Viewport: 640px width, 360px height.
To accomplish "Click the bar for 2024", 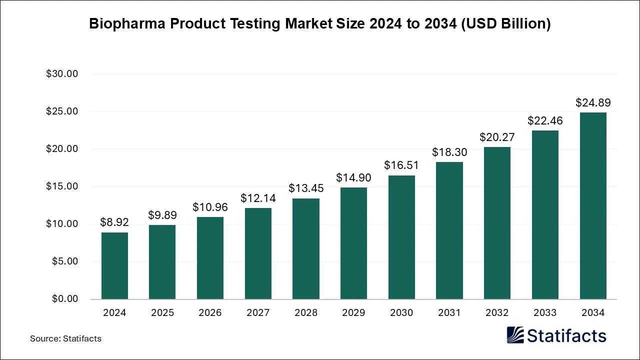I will [114, 265].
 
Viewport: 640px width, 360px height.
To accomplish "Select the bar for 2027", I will [258, 253].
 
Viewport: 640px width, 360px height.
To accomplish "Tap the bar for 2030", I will [401, 237].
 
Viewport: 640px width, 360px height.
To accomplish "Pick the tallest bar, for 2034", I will [593, 205].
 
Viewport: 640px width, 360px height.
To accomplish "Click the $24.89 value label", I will [593, 103].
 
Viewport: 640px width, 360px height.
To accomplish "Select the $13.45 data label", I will [306, 188].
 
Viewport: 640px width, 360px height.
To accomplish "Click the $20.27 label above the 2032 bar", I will [497, 137].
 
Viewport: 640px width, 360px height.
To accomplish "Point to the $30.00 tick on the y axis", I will [62, 74].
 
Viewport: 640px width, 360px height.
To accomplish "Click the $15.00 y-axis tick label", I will [62, 186].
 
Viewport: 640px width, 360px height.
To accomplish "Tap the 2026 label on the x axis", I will [210, 313].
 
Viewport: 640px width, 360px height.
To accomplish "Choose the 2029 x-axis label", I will [353, 313].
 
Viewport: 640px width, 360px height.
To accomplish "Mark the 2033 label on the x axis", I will [545, 313].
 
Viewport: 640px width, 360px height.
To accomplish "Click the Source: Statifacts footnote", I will [65, 338].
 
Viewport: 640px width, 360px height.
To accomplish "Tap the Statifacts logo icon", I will [516, 335].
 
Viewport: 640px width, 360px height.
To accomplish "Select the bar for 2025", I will [162, 262].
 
